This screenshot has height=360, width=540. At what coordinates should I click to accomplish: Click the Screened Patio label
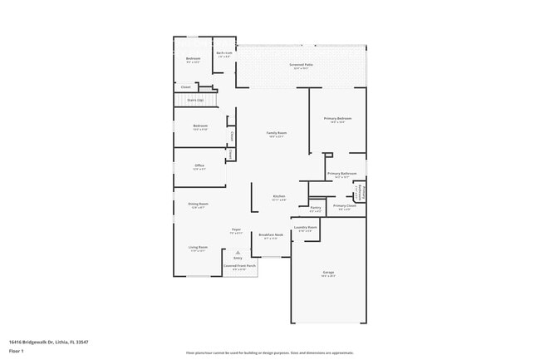[x=301, y=64]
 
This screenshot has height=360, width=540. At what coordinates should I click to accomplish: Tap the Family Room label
[x=276, y=133]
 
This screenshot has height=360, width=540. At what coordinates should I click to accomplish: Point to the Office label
[x=199, y=165]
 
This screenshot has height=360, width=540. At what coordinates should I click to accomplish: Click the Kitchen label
[x=279, y=197]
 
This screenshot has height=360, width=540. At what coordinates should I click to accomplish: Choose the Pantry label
[x=316, y=208]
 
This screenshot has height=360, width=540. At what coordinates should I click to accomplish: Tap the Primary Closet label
[x=345, y=206]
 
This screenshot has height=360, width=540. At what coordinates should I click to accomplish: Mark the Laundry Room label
[x=305, y=227]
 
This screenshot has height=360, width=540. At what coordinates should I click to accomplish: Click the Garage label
[x=328, y=273]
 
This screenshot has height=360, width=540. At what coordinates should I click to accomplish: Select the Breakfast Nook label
[x=272, y=235]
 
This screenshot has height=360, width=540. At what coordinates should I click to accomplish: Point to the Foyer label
[x=236, y=230]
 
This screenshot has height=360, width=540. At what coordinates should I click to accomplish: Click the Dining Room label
[x=198, y=204]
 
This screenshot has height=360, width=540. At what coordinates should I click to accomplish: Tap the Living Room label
[x=198, y=247]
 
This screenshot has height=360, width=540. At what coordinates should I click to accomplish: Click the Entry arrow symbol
[x=238, y=252]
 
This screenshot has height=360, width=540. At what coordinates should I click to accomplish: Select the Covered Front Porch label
[x=238, y=266]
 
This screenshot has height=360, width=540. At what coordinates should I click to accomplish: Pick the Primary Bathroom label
[x=341, y=174]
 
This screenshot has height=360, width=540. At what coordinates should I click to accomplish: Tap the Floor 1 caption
[x=17, y=351]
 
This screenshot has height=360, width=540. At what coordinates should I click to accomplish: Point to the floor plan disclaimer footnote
[x=270, y=353]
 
